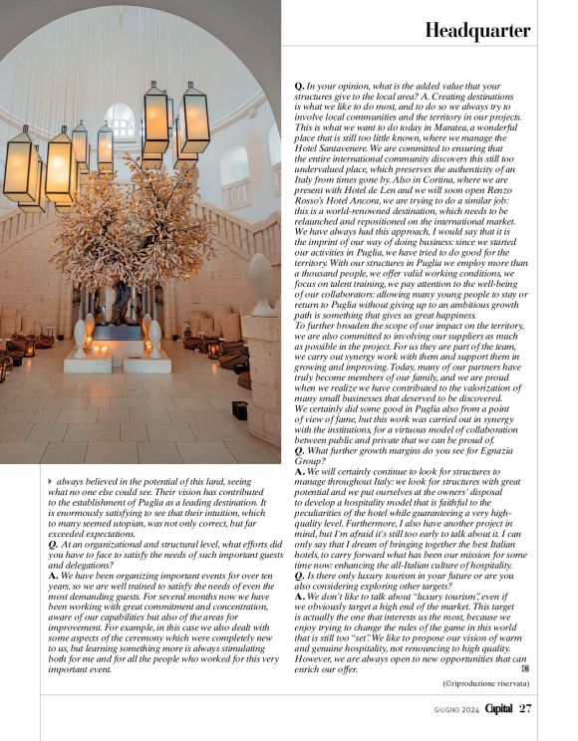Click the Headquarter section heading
point(477,32)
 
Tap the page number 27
point(525,708)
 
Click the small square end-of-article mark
point(525,667)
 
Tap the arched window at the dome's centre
point(120,122)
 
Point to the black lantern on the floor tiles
point(239,409)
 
